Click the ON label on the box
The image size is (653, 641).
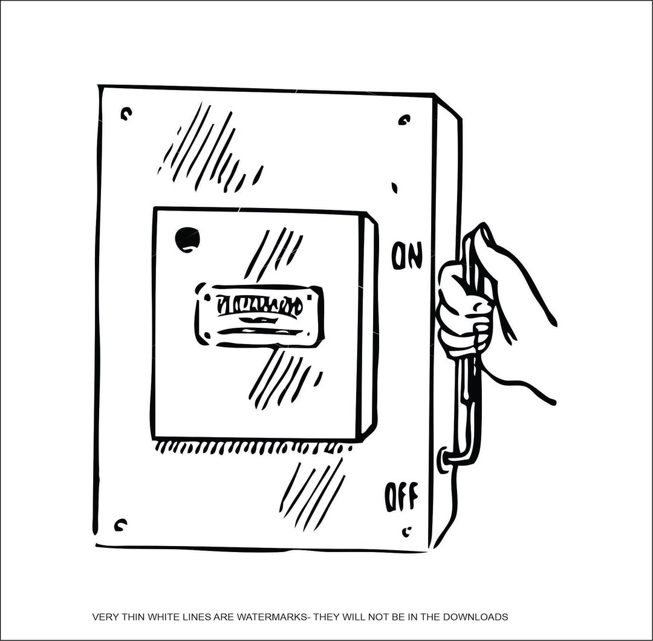[406, 256]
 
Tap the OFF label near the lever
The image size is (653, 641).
[401, 496]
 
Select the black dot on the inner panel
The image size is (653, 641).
[187, 239]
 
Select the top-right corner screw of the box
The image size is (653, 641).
[404, 120]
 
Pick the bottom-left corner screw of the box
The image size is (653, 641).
[120, 524]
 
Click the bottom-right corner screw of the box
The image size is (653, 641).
[407, 532]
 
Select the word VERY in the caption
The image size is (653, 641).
[104, 617]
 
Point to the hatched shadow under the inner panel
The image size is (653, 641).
[254, 448]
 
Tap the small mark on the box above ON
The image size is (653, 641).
[394, 188]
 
